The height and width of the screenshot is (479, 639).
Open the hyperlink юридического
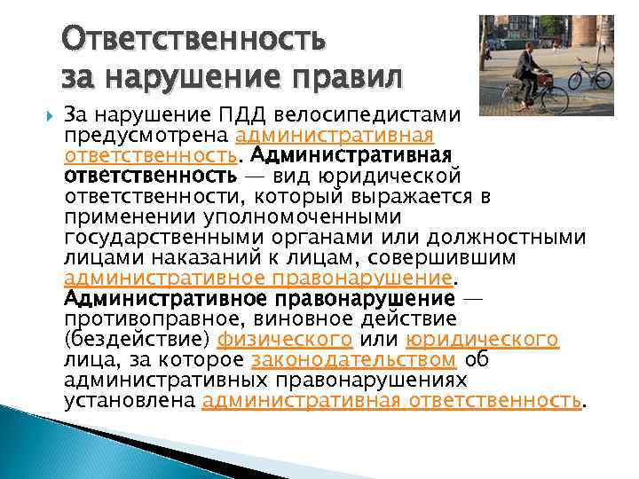(482, 339)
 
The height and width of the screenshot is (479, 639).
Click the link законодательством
(354, 359)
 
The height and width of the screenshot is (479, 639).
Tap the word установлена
(130, 400)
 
